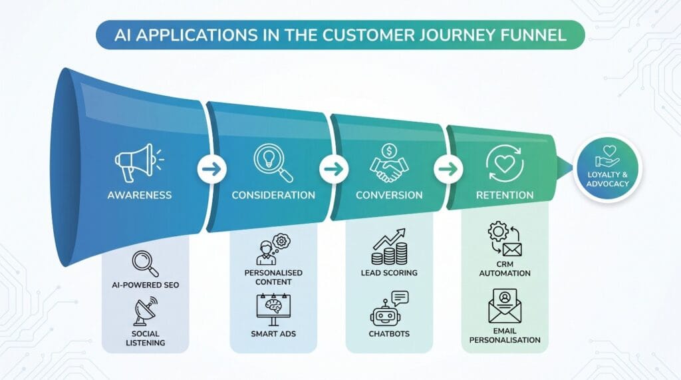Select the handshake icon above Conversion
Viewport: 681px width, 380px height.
click(x=389, y=164)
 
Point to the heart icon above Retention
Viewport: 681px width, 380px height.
click(x=505, y=164)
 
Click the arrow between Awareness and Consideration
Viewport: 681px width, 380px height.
click(x=212, y=168)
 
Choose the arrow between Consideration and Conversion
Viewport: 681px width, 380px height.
click(x=334, y=168)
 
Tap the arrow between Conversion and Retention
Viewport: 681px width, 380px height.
click(x=448, y=168)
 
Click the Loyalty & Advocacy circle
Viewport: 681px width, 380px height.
click(x=608, y=168)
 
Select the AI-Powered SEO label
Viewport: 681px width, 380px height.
click(x=146, y=285)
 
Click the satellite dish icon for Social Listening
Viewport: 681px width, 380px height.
click(x=146, y=311)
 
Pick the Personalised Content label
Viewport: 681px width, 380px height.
click(x=273, y=278)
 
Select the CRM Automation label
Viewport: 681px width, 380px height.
click(x=505, y=269)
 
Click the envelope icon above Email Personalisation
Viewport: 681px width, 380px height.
click(x=505, y=305)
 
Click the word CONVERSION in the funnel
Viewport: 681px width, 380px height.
click(x=389, y=195)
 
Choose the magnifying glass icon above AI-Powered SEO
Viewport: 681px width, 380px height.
click(x=146, y=264)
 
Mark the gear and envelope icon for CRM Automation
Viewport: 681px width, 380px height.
click(x=505, y=239)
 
